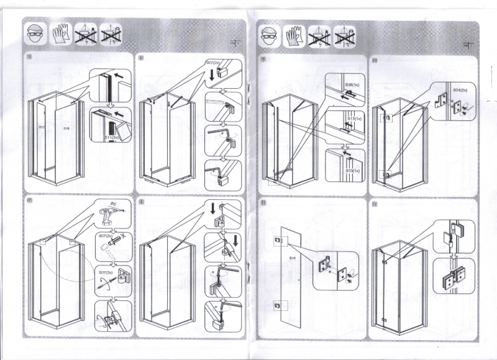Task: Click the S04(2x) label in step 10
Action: pos(460,90)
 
